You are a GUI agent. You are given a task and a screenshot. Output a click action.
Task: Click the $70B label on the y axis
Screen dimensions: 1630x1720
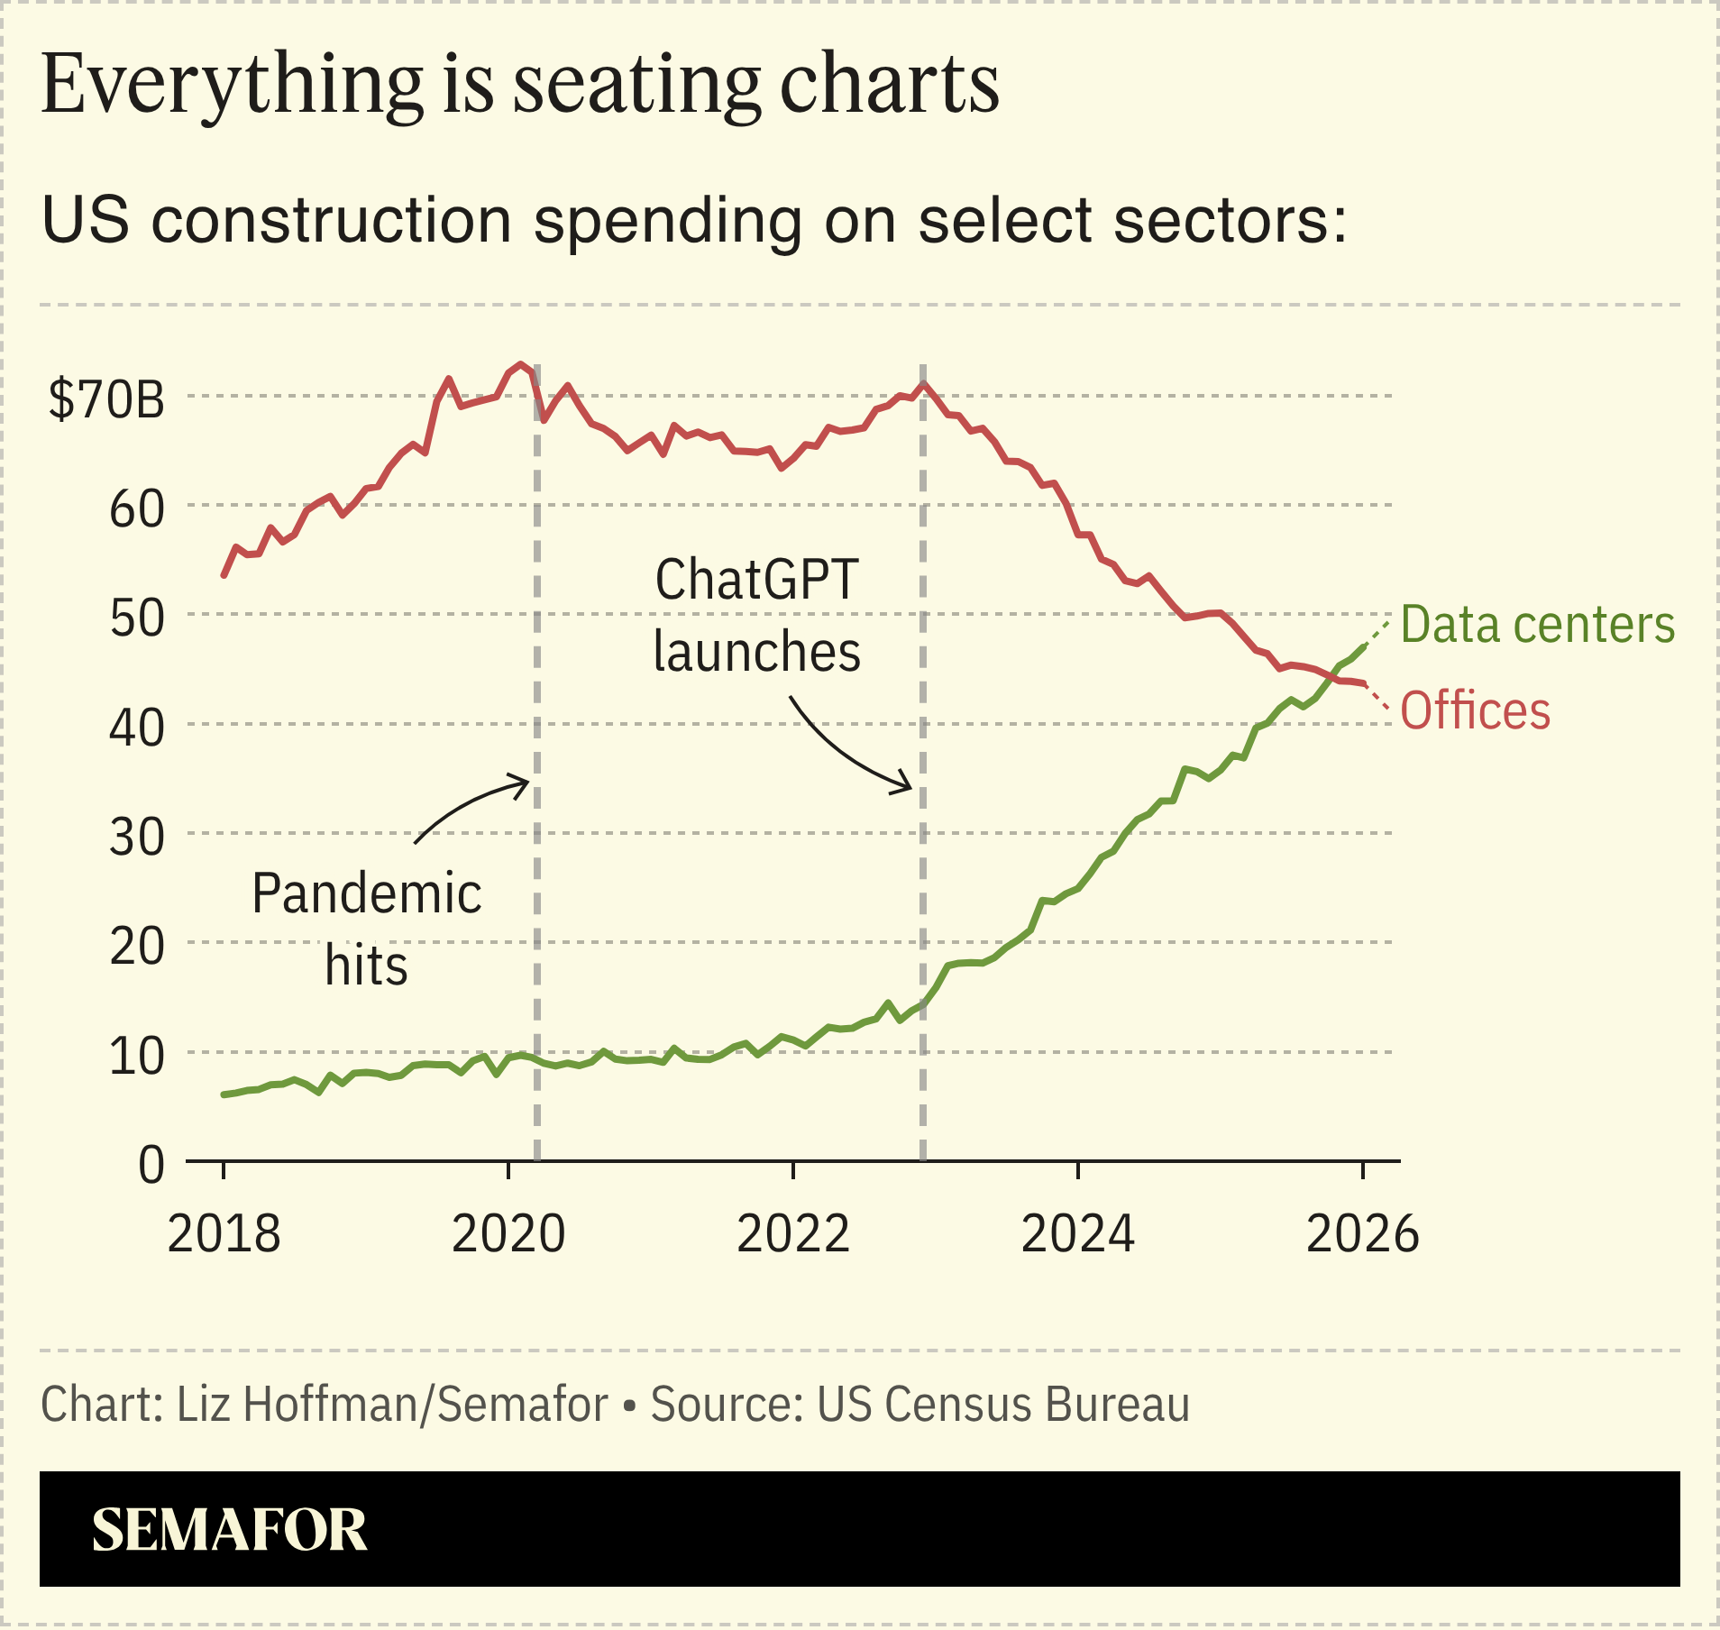pos(106,398)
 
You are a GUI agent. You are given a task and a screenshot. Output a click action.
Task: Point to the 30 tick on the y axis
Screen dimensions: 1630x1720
pos(136,838)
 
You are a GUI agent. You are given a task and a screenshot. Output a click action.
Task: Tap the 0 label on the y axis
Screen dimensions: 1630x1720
pos(151,1165)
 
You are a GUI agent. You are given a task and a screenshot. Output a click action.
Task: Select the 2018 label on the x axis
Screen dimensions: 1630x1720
pos(224,1234)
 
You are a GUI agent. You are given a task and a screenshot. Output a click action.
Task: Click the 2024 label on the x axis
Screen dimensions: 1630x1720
pos(1077,1234)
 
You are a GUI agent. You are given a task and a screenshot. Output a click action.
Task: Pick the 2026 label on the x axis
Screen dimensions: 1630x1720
pos(1362,1234)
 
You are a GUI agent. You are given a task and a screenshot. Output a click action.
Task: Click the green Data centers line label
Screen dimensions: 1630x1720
pos(1537,625)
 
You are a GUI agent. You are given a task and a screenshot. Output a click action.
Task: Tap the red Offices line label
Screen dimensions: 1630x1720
pos(1475,710)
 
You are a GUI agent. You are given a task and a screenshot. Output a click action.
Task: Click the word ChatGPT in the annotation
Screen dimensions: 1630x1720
pos(756,580)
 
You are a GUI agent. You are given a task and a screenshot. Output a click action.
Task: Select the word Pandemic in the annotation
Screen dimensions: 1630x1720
pos(366,893)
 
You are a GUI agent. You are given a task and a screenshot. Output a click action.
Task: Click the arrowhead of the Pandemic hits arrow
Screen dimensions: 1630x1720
pos(527,782)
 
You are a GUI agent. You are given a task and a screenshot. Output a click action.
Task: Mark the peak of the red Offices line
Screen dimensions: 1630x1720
pos(521,365)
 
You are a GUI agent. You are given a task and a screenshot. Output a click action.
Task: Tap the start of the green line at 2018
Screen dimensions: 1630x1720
pos(224,1094)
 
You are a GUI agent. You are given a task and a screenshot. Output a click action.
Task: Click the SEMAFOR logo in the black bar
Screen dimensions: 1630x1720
pos(229,1530)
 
